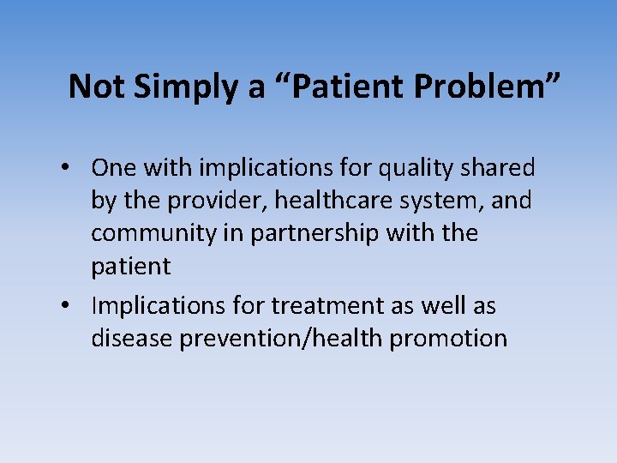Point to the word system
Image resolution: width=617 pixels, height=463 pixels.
456,201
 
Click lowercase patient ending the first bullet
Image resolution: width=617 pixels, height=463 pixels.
130,267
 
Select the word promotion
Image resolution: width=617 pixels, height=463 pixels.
448,339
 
